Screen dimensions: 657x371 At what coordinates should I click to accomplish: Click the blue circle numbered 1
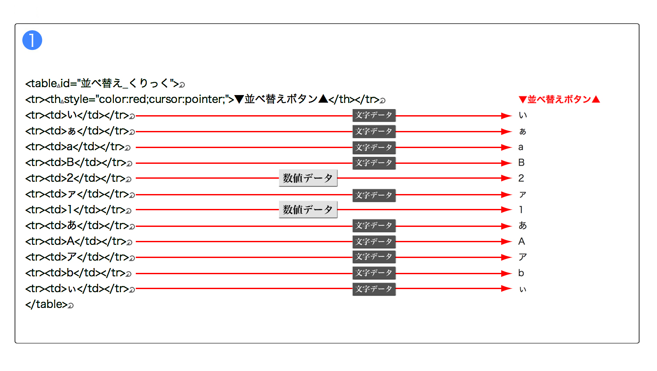click(32, 40)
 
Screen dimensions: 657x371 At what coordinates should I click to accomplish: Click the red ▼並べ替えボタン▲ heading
click(559, 99)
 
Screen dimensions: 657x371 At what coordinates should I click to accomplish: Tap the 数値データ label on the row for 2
click(308, 178)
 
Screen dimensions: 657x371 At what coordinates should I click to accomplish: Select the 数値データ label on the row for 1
click(308, 210)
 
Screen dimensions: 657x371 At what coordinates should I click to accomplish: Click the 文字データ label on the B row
click(374, 163)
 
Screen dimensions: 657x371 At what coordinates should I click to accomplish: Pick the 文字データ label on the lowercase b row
click(374, 273)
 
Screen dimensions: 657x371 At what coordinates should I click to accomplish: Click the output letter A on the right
click(522, 241)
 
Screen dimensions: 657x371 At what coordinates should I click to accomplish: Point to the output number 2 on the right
click(521, 178)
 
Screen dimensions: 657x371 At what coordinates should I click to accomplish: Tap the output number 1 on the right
click(521, 210)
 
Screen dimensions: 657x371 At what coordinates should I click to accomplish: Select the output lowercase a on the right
click(521, 147)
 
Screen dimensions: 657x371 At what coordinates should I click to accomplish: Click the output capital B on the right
click(522, 163)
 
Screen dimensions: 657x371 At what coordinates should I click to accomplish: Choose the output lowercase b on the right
click(521, 273)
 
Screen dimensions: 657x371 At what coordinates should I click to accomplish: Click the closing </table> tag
click(46, 304)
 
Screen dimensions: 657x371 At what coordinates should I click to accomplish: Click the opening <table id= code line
click(102, 84)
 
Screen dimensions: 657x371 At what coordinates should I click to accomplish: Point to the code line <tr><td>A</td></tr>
click(76, 241)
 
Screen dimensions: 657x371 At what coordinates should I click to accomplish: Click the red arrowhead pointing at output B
click(506, 163)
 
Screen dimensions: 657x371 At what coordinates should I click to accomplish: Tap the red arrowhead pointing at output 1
click(506, 210)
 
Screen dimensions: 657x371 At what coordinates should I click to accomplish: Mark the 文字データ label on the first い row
click(374, 116)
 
